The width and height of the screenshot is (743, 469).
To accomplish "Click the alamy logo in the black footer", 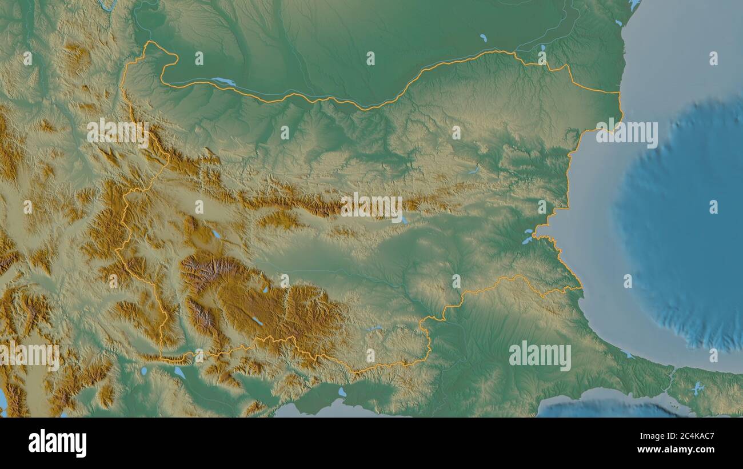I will coord(57,443).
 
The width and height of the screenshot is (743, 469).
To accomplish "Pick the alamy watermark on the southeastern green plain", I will coord(540,356).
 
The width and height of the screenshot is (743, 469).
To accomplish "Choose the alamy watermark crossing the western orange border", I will coord(118,133).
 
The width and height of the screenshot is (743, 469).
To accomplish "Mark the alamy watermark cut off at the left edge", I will coord(29,355).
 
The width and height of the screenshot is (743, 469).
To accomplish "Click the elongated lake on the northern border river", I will coord(224,82).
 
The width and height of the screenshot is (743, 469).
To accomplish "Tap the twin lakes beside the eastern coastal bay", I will coord(527,236).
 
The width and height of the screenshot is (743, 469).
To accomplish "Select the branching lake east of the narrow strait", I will coord(696,389).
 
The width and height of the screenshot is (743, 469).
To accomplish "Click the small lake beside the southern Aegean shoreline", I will coord(342,392).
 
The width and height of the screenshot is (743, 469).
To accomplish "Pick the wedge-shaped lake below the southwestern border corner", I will coord(179,372).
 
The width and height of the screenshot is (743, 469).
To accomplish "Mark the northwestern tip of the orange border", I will coord(150,43).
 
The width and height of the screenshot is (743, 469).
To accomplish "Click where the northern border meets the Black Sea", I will coord(620,93).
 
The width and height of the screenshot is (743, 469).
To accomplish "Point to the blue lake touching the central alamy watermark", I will coord(405,220).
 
